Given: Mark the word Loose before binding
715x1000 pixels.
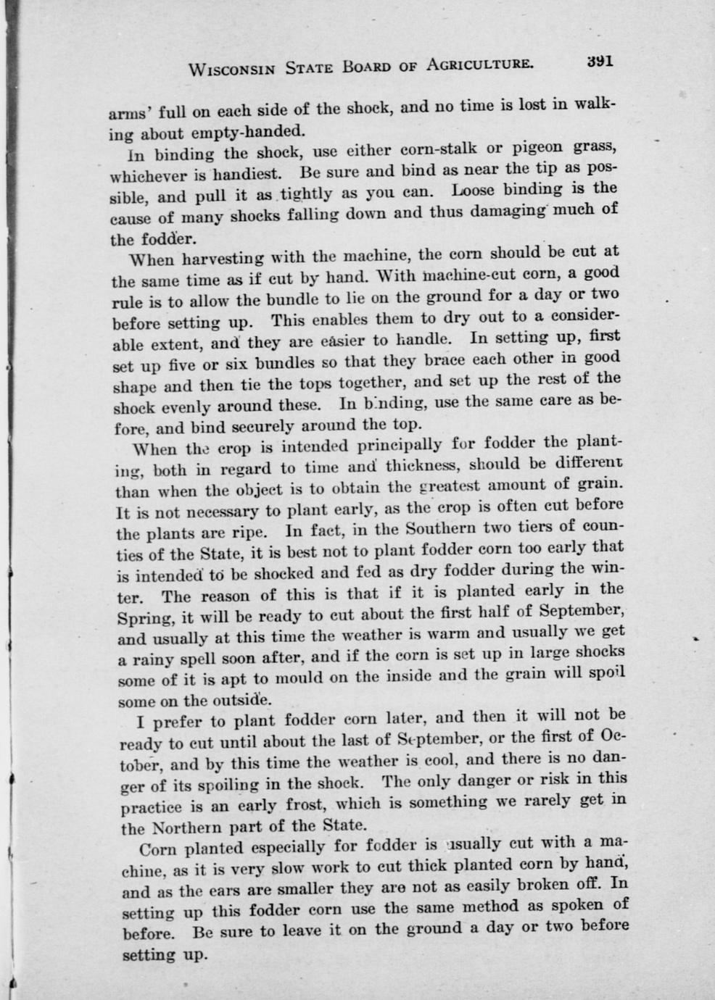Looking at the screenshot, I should click(x=474, y=191).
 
